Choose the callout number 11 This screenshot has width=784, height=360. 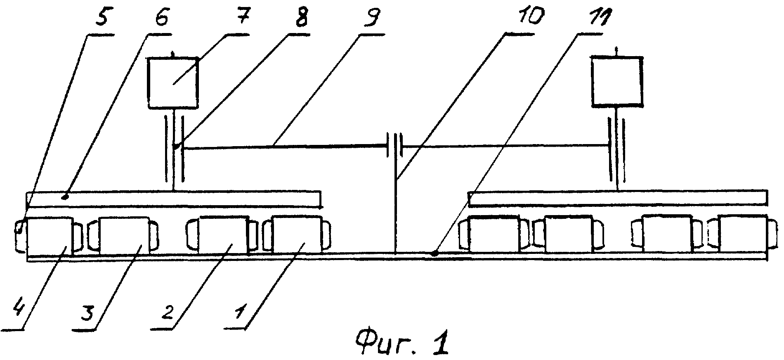(x=594, y=19)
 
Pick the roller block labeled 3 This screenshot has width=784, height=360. (x=123, y=236)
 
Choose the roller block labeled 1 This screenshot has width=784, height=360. (x=297, y=234)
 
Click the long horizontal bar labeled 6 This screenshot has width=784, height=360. (x=174, y=199)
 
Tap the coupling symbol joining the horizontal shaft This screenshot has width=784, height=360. (x=394, y=145)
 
